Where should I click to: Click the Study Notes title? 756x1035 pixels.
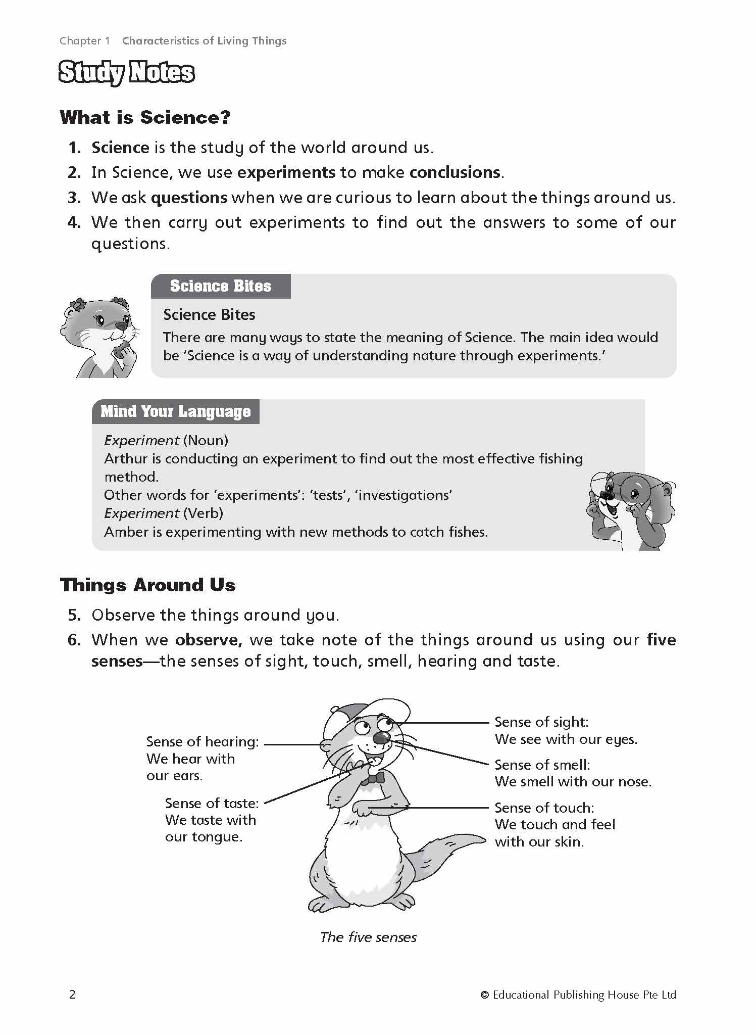point(126,73)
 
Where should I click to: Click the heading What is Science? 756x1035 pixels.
point(145,118)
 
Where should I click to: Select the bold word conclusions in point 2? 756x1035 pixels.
point(455,172)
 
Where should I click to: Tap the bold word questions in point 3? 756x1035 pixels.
point(189,198)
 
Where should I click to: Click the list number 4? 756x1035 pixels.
point(74,222)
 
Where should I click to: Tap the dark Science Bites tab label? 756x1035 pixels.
point(221,286)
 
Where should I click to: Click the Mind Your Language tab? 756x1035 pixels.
point(175,411)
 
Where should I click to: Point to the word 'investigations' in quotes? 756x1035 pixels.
point(404,495)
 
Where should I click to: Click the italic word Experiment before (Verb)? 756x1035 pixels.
point(141,513)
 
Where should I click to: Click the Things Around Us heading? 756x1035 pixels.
point(147,585)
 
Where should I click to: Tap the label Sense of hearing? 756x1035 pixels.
point(202,741)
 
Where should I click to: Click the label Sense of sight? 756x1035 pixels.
point(541,722)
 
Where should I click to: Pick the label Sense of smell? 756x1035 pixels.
point(542,765)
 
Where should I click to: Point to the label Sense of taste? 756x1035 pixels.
point(212,803)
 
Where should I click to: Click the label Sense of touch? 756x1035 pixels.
point(544,808)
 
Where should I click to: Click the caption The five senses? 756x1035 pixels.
point(368,937)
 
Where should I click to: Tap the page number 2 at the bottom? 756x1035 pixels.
point(72,995)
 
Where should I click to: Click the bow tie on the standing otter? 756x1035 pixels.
point(373,779)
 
